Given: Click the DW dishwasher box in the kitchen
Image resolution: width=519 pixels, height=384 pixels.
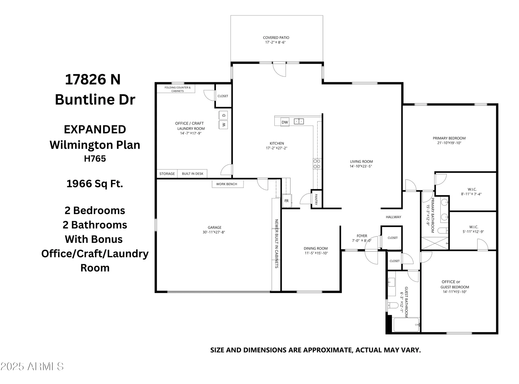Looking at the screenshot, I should (x=285, y=122).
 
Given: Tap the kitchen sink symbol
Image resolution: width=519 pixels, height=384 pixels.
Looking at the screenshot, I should (x=299, y=121).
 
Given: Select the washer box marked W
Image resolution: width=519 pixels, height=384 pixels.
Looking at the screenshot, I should (x=223, y=125).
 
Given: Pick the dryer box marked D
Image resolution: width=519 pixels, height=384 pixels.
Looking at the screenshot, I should (x=223, y=115).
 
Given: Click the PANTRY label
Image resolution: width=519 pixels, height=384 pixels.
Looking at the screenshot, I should (x=316, y=199).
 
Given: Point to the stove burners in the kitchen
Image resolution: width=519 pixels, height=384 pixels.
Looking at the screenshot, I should (x=317, y=164).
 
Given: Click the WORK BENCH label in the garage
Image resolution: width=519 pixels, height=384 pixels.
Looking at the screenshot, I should (x=227, y=184).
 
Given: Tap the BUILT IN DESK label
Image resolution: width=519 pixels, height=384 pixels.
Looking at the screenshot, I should (x=193, y=174).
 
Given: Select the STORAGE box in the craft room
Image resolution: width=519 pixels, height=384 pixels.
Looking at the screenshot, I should (x=167, y=174).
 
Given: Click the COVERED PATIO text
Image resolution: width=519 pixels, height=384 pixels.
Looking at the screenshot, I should (x=276, y=38).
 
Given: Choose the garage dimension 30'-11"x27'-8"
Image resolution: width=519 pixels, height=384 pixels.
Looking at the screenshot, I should (x=214, y=232).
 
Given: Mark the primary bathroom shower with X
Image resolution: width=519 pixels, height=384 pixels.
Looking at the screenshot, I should (x=434, y=243).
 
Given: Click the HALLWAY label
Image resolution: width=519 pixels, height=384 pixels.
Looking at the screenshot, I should (x=393, y=217).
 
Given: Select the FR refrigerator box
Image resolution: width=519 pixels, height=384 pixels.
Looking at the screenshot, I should (x=286, y=201).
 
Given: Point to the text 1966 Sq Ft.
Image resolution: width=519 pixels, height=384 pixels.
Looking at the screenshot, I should (x=95, y=184).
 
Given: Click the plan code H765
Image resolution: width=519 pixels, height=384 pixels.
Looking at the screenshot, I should (x=95, y=158).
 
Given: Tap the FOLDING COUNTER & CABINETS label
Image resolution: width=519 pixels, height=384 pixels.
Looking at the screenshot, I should (x=177, y=89).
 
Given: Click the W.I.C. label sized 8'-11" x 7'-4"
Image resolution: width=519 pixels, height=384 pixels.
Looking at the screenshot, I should (x=472, y=189).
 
